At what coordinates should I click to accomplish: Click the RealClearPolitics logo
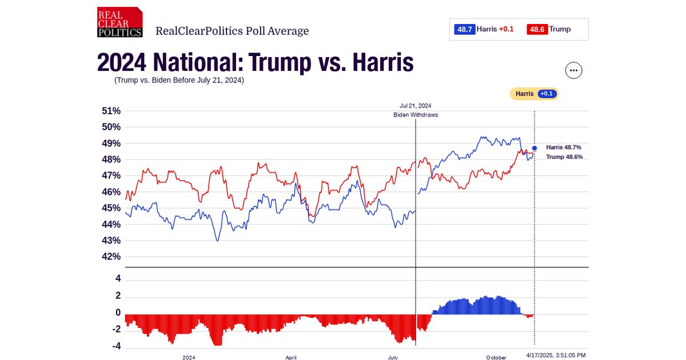119,22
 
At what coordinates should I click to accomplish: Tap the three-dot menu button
573,70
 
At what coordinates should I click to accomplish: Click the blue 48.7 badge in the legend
465,29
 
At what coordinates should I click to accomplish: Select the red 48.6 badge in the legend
537,29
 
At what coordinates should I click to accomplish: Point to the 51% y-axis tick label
111,111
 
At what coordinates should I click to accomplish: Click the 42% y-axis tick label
111,257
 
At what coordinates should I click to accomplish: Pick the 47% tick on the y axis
111,175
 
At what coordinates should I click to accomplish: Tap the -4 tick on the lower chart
116,346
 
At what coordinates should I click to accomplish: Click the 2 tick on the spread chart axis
118,296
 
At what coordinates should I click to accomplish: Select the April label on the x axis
291,357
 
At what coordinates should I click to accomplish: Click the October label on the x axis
496,357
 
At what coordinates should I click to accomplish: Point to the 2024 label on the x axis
189,357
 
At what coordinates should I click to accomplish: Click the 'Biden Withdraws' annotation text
416,115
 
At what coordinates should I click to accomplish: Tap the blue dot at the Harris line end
535,148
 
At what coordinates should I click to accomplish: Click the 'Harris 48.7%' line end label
564,147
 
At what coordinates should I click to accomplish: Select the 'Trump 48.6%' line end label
564,157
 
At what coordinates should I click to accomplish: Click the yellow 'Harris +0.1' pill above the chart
534,94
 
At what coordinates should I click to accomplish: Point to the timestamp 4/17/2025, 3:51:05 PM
556,355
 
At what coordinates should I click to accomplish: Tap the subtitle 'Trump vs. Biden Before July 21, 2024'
179,80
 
